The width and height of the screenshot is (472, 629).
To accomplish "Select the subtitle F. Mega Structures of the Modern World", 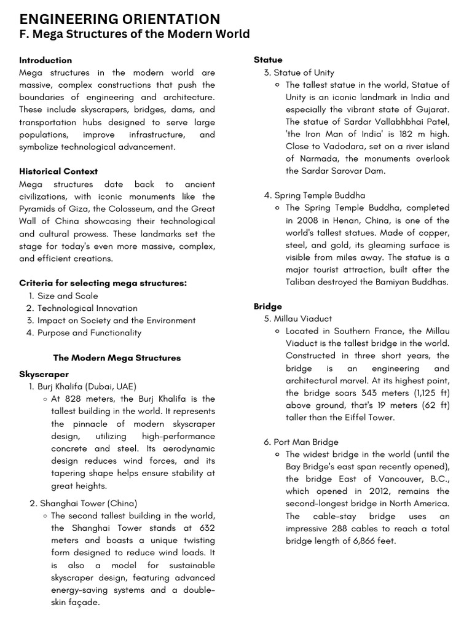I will pos(134,34).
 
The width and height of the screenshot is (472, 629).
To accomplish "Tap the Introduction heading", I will pos(45,60).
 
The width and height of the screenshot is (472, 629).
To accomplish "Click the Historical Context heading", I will pos(58,171).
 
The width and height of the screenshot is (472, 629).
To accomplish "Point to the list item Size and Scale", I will pos(68,295).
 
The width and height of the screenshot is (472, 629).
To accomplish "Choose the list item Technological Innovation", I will pos(87,308).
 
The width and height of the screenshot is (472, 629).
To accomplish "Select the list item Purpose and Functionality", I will pos(89,332).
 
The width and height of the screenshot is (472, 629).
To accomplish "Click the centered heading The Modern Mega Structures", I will pos(117,357).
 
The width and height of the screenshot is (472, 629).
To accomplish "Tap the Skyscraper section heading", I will pos(44,374).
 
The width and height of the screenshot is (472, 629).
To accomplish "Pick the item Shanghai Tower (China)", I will pos(88,503).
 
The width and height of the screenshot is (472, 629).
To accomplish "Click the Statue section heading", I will pos(268,60).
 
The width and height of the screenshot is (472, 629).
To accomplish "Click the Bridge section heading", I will pos(268,306).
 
